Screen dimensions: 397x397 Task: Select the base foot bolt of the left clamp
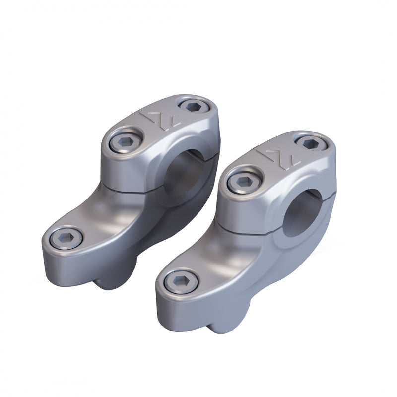pos(66,239)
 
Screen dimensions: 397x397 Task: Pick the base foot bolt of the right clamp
pos(181,282)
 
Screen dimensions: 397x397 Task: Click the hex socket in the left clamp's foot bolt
pos(66,239)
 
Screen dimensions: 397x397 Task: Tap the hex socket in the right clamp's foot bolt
pos(181,282)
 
